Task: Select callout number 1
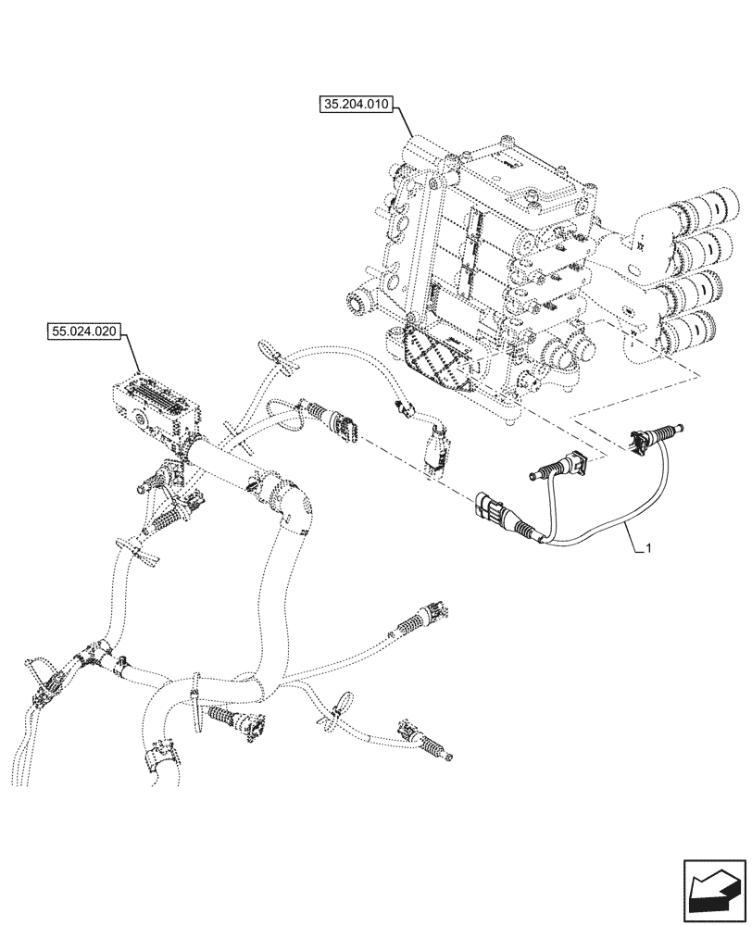coord(648,549)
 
